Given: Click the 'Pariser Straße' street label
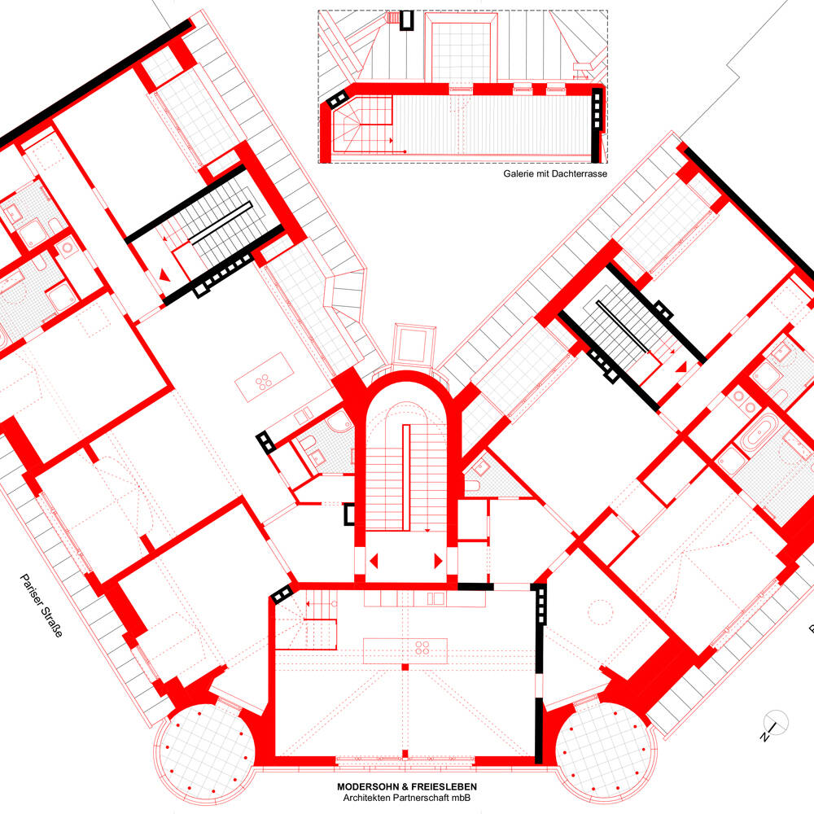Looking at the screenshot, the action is coord(42,606).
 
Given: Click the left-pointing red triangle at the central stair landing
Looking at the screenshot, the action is coord(374,561).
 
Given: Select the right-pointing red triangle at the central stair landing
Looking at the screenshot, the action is coord(438,561).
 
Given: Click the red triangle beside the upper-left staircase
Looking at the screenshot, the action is coord(164,274).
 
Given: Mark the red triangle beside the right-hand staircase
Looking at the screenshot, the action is coord(681,367).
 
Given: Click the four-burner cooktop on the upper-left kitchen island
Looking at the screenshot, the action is coord(263,382).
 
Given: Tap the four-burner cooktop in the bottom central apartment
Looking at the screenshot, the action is coord(422,647).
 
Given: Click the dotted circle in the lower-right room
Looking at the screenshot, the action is coord(600,613).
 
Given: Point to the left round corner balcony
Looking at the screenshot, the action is coord(205,751).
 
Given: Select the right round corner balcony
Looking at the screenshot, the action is coord(605,751).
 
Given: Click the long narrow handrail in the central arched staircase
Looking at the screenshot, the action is coord(406,478).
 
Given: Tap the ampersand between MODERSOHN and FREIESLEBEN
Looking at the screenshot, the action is coord(405,787).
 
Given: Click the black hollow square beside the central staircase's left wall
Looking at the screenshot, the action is coord(349,514).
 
